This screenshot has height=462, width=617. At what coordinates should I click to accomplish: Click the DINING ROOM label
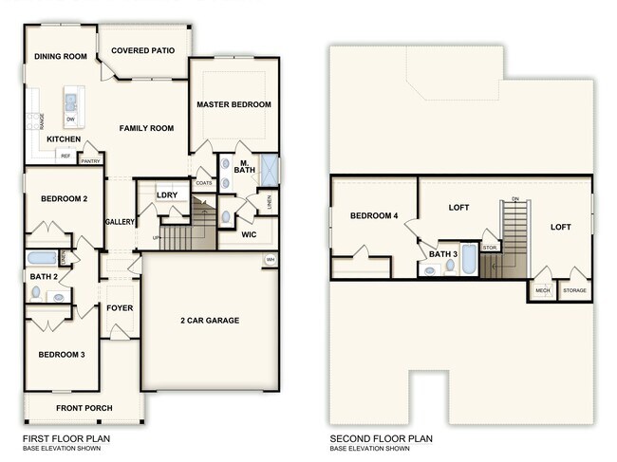[61, 57]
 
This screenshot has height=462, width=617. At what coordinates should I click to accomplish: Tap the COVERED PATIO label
[142, 50]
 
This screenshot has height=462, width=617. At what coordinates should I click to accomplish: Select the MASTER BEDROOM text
[234, 104]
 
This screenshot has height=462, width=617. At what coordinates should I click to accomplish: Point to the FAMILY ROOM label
[146, 128]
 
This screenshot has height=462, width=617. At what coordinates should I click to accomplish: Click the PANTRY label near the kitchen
[91, 161]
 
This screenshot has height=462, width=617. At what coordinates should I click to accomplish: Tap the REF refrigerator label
[65, 156]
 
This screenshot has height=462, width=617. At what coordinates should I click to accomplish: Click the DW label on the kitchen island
[71, 119]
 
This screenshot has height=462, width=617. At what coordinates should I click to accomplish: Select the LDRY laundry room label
[167, 195]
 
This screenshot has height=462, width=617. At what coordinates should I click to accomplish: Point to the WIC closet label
[249, 233]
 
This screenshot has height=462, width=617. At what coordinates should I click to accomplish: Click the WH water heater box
[271, 260]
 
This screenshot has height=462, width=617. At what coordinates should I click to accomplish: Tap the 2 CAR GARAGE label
[210, 321]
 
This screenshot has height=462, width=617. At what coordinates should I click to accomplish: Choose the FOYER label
[120, 307]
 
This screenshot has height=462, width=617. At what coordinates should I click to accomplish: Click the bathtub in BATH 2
[42, 257]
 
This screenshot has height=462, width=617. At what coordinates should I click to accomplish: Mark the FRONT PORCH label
[84, 408]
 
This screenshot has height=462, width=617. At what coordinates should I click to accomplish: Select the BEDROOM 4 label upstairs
[374, 215]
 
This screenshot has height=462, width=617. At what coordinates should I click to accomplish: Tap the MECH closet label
[543, 290]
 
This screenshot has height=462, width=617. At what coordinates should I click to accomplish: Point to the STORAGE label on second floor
[575, 290]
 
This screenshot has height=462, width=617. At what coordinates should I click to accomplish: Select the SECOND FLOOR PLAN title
[382, 439]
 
